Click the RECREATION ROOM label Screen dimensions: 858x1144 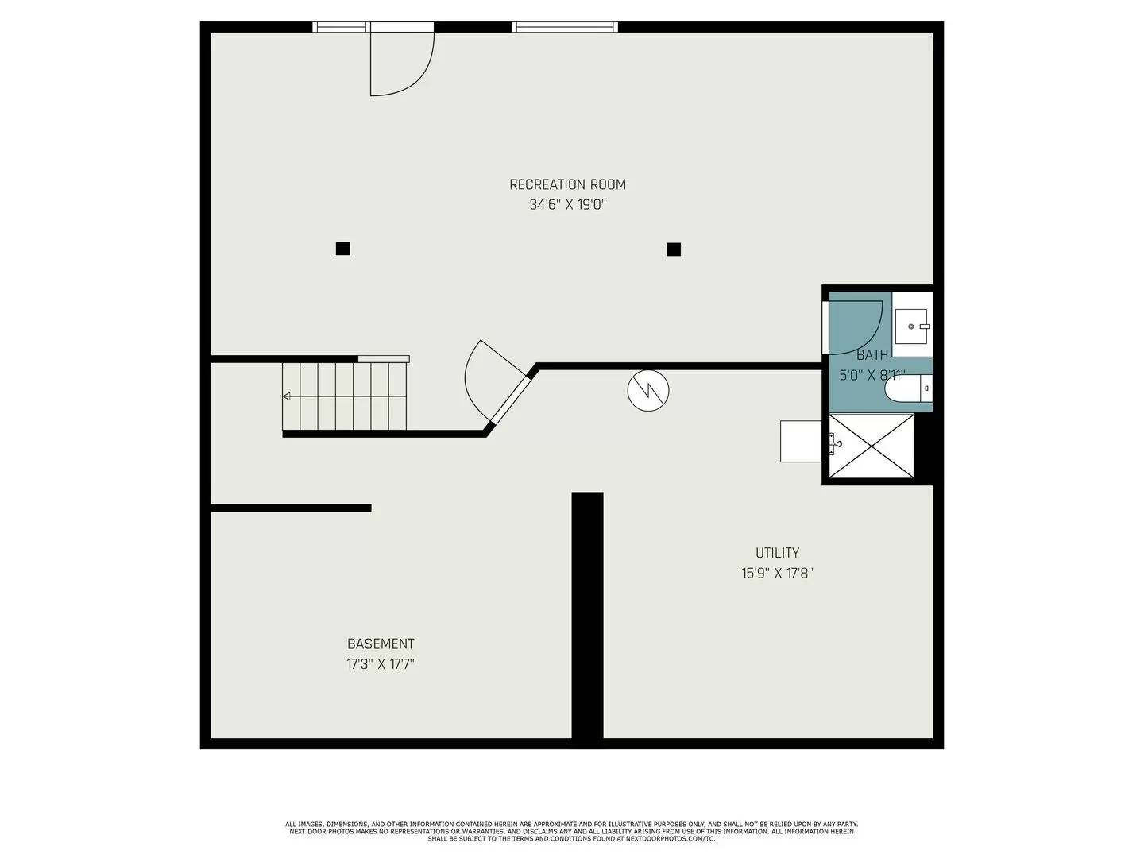click(x=567, y=184)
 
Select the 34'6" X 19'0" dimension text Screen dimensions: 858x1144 click(x=567, y=205)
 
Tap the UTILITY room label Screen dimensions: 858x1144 click(x=777, y=553)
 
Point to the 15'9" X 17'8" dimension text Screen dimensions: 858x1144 click(x=777, y=573)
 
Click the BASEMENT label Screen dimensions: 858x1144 click(x=381, y=643)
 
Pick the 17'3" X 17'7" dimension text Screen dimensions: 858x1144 click(x=381, y=664)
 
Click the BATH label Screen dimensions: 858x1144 click(x=872, y=355)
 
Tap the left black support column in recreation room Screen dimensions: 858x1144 click(x=342, y=249)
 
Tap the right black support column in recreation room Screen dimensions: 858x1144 click(x=674, y=249)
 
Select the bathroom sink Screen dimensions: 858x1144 click(x=912, y=326)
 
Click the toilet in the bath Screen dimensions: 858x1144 click(x=907, y=389)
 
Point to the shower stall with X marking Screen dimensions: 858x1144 click(x=872, y=446)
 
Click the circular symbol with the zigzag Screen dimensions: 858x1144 click(x=648, y=390)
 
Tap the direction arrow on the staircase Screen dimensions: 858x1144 click(x=287, y=396)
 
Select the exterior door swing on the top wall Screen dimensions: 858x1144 click(x=401, y=64)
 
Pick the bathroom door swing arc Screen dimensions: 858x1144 click(x=856, y=327)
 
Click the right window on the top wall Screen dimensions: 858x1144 click(x=565, y=27)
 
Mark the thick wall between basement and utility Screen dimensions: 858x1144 click(x=587, y=616)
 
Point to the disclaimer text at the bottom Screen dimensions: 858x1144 click(x=571, y=831)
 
